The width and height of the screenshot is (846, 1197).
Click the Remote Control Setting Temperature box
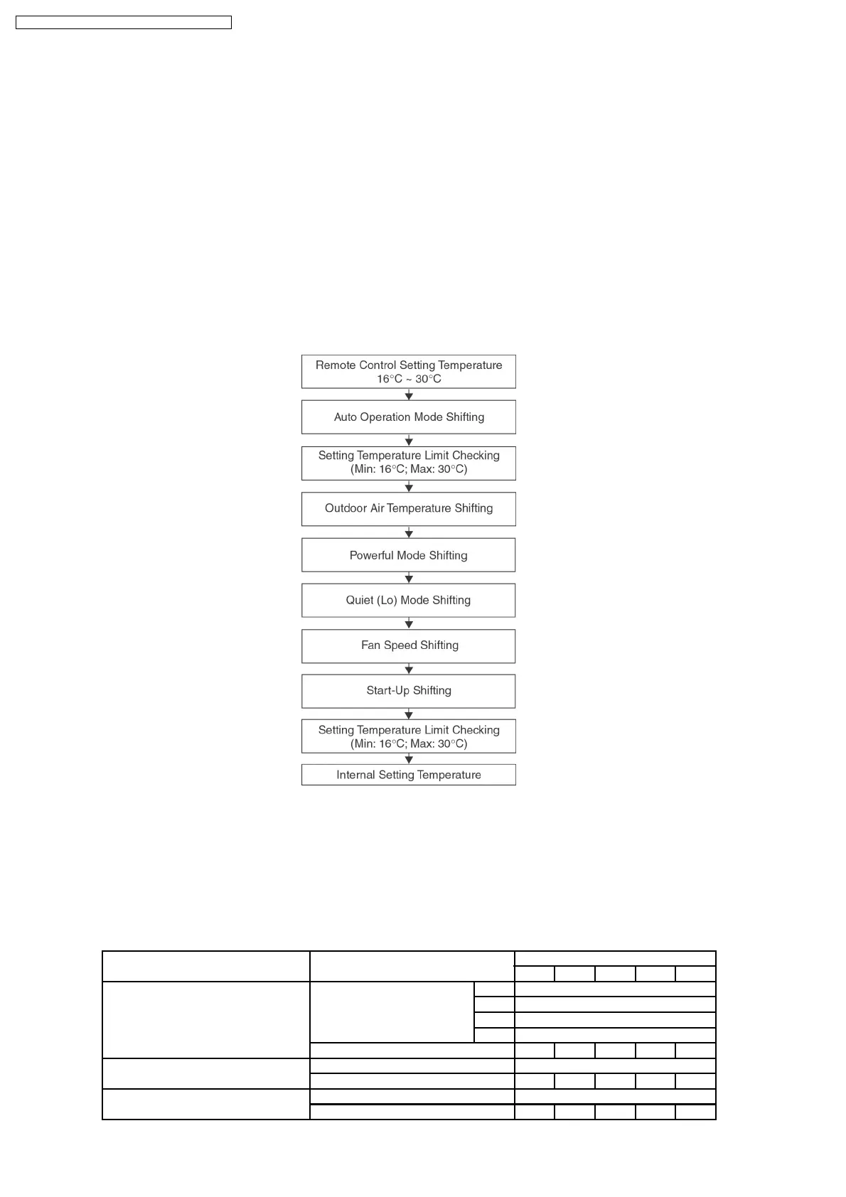(x=409, y=372)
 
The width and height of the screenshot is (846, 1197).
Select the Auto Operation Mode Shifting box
(x=409, y=417)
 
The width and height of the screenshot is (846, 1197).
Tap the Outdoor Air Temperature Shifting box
(x=409, y=509)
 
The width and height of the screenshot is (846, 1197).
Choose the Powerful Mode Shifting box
(x=409, y=555)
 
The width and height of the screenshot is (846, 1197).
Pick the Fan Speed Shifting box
(x=409, y=646)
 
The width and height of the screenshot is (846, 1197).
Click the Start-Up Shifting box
(x=409, y=691)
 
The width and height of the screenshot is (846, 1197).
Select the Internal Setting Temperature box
(x=409, y=775)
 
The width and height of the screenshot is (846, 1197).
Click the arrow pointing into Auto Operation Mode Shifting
(x=409, y=395)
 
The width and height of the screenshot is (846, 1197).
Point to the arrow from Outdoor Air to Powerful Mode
(x=409, y=533)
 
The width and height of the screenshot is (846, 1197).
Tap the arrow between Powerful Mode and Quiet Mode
(x=409, y=579)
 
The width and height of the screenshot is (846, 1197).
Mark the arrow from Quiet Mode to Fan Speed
(x=409, y=624)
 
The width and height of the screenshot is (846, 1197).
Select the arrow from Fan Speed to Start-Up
(x=409, y=670)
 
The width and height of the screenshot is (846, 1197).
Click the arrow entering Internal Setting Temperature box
(x=409, y=759)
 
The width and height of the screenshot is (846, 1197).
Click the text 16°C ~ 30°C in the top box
(x=409, y=379)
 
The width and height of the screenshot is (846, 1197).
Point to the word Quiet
(x=359, y=601)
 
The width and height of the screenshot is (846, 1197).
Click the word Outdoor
(x=346, y=508)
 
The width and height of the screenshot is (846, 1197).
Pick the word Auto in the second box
(x=346, y=417)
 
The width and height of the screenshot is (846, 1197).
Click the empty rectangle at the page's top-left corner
(x=124, y=23)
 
